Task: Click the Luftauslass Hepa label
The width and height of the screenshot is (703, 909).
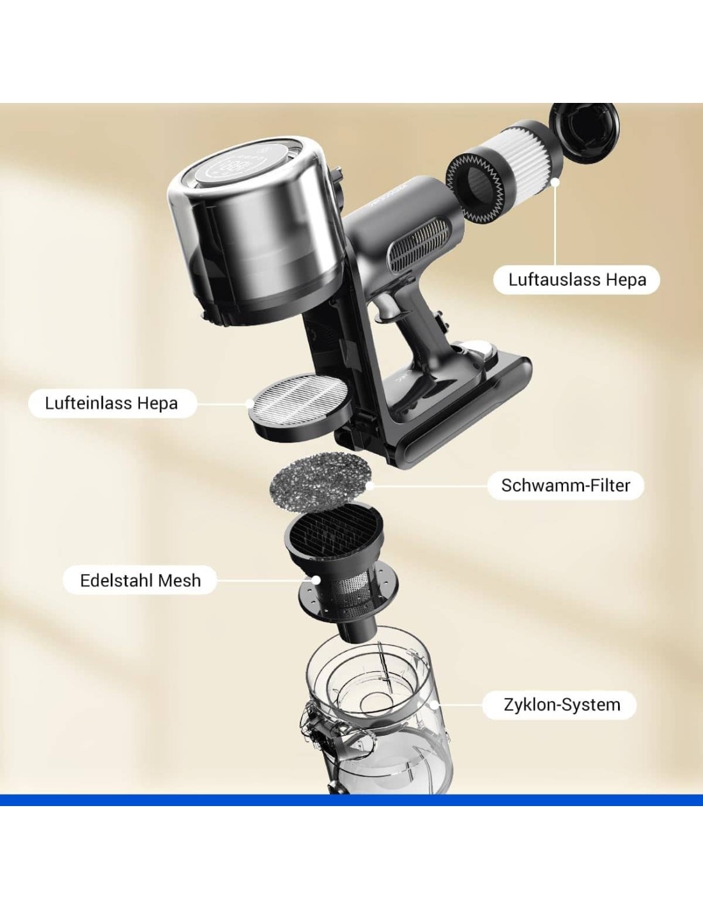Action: [576, 279]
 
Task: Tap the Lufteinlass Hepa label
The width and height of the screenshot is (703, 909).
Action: [112, 403]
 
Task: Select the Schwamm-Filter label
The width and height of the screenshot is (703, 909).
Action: [566, 485]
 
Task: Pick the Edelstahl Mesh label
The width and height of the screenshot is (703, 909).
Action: [140, 580]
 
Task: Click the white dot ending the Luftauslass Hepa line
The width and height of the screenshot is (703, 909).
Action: [555, 182]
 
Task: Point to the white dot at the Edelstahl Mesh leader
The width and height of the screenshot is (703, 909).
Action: [316, 580]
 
